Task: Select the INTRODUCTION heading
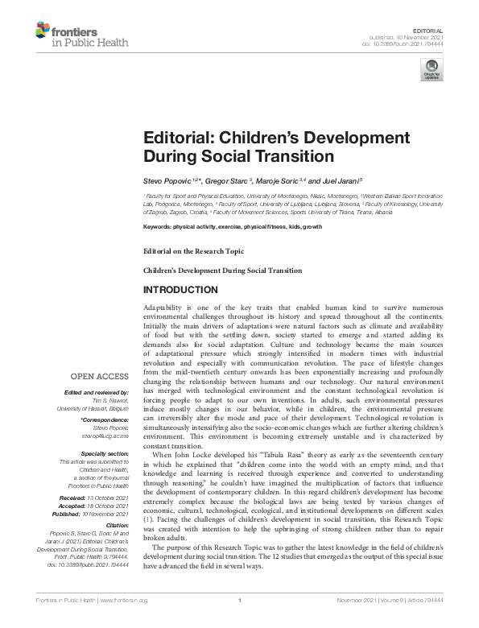click(180, 290)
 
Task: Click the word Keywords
click(158, 227)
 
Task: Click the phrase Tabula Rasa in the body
click(252, 455)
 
